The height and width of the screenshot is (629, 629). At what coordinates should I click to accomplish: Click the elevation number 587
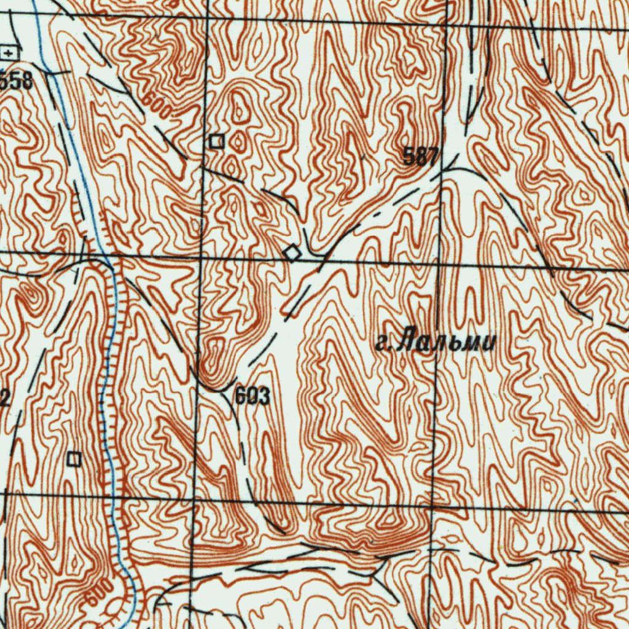coord(421,157)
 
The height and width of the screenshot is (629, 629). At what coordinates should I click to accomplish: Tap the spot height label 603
coord(252,397)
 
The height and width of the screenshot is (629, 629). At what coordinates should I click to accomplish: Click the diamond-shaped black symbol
coord(292,252)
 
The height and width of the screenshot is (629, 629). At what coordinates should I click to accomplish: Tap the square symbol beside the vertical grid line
coord(216,141)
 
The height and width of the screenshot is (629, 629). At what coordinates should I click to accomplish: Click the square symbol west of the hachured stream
coord(74,458)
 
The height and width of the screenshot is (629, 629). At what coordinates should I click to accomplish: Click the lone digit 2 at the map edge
coord(4,400)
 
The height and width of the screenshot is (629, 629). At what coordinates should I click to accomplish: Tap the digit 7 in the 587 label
coord(433,157)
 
